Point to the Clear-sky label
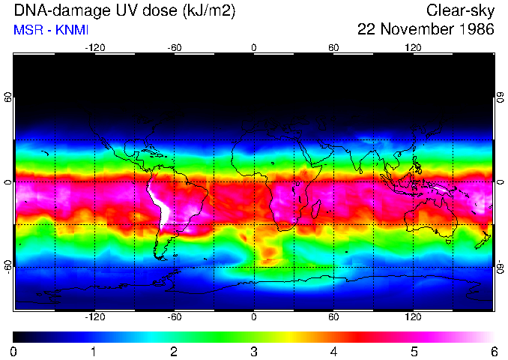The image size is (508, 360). tap(460, 10)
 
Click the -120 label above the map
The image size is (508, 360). tap(94, 47)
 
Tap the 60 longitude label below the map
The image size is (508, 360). tap(333, 317)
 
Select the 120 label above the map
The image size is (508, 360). tap(413, 47)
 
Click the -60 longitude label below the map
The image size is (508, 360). tap(175, 317)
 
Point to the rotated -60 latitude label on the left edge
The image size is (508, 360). tap(7, 266)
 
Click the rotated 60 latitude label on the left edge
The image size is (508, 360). tap(7, 98)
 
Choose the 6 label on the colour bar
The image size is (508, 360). tap(493, 351)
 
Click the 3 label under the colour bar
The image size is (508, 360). tap(253, 351)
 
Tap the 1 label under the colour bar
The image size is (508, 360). tap(94, 351)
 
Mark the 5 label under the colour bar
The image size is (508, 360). tap(414, 351)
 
